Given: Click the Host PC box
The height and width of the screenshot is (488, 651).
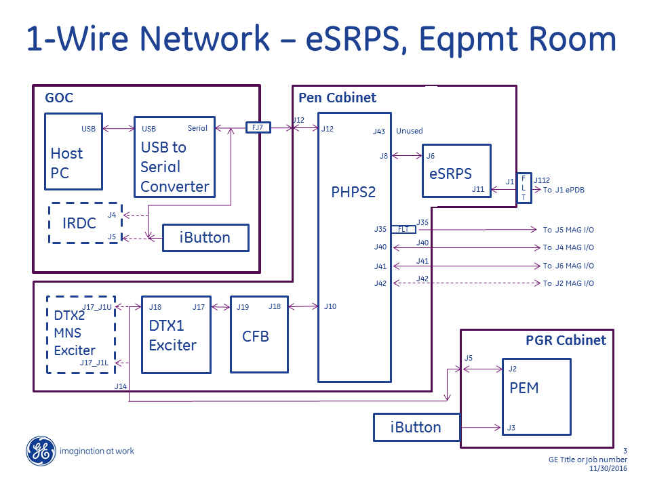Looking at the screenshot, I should coord(73,151).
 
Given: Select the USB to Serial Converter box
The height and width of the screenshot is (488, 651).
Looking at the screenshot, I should coord(174,157).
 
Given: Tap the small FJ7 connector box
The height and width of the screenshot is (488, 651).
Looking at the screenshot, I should coord(257,127).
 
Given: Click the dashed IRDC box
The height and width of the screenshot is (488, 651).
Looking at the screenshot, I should coord(84,223).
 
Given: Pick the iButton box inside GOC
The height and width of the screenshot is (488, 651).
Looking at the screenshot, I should coord(205,238).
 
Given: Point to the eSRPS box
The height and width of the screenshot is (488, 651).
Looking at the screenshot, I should coord(456,171).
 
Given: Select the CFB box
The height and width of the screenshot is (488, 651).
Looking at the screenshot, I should coord(258,334).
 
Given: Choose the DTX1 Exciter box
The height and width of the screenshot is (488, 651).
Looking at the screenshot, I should coord(176,334).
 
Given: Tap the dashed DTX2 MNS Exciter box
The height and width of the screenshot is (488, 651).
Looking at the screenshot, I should coord(81,334).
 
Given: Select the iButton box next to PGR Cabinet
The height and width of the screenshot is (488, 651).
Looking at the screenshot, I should coord(416,427).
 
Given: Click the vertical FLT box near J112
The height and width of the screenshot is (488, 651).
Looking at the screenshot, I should coord(524,188).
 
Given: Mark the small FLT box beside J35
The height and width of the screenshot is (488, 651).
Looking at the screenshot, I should coord(403,230).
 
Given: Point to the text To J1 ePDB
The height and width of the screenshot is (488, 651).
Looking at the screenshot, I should coord(564,190).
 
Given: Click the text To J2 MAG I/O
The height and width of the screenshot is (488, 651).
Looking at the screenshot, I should coord(568,283).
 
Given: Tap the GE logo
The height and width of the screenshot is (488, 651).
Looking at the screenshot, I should coord(41,451).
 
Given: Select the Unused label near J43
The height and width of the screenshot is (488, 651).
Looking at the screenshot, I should coord(410,131).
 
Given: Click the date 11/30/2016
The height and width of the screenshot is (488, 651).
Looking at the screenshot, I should coord(609,468).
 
